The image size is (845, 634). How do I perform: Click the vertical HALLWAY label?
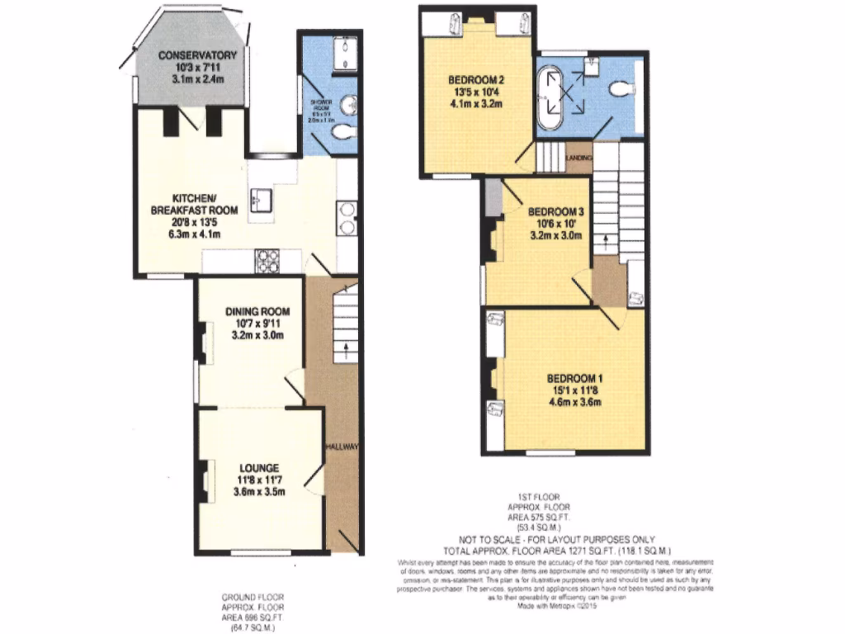(x=342, y=447)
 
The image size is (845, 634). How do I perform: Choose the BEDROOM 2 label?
(x=476, y=80)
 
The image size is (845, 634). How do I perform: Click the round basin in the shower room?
(x=350, y=105)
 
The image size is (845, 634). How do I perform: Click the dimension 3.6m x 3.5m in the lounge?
(x=257, y=493)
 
